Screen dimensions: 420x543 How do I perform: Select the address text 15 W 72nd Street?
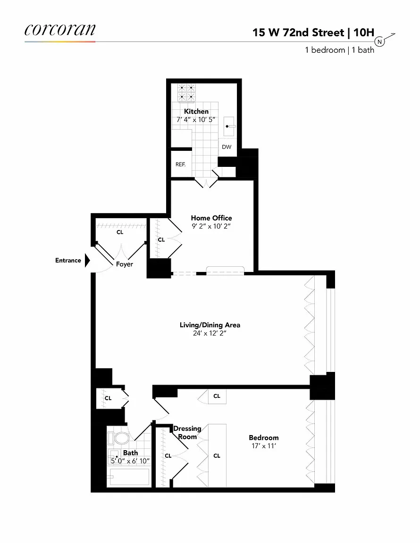tap(298, 32)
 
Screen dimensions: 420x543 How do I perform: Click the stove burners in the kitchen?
tap(187, 92)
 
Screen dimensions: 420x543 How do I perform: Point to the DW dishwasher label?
tap(227, 147)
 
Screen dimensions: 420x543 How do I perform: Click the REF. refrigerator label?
tap(180, 164)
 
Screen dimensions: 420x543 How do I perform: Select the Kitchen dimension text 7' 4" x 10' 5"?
tap(196, 119)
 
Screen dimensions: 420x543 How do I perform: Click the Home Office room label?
tap(211, 218)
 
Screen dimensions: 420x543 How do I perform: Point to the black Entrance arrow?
tap(87, 260)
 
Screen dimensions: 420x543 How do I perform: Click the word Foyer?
tap(125, 264)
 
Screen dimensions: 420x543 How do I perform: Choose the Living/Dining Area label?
tap(210, 325)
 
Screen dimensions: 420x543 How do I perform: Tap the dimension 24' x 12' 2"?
tap(210, 333)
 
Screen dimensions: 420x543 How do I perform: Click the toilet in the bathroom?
tap(118, 438)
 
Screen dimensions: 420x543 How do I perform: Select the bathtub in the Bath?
tap(129, 477)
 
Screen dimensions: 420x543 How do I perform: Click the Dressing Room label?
tap(187, 433)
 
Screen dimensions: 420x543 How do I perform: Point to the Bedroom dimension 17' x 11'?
tap(264, 446)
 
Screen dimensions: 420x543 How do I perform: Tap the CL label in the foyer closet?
tap(120, 232)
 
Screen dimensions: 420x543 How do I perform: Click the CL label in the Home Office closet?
tap(161, 239)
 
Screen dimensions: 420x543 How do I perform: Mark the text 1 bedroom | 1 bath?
tap(339, 50)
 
